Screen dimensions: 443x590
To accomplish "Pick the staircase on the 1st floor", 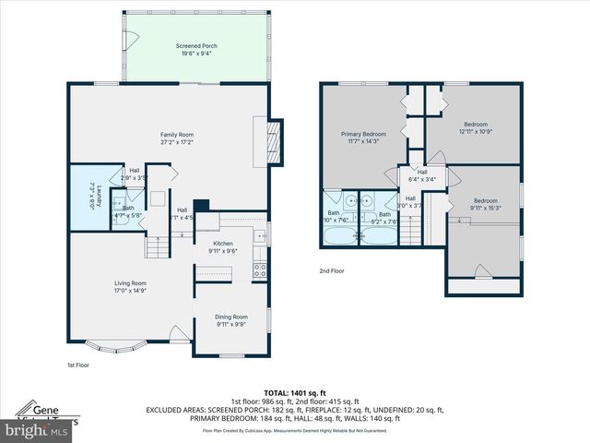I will [x=158, y=247].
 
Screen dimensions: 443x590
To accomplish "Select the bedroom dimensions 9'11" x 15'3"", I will [x=485, y=208].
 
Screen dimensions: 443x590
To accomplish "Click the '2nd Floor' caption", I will [x=332, y=270].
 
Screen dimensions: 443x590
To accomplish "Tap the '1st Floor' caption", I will [x=78, y=365].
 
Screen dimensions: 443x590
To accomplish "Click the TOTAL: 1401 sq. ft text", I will [x=295, y=393].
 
